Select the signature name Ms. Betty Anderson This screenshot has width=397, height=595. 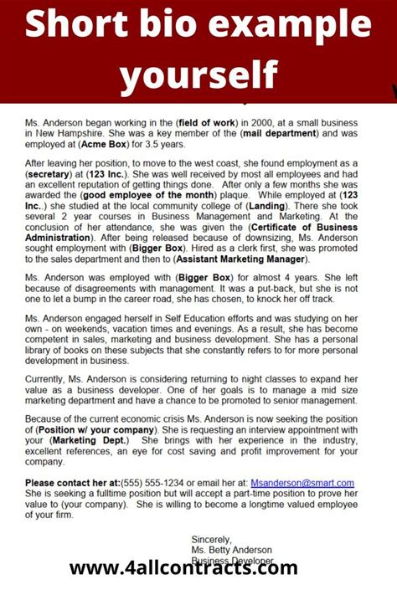tap(233, 551)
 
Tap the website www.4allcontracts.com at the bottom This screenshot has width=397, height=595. tap(183, 570)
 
